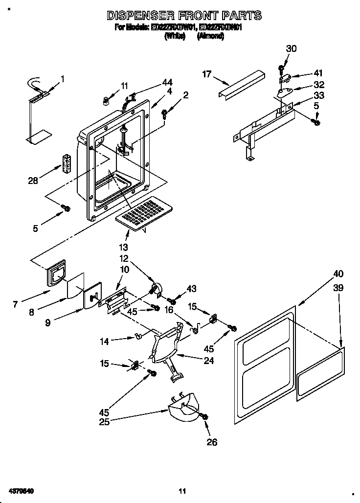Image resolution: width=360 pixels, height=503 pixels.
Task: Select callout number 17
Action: tap(207, 74)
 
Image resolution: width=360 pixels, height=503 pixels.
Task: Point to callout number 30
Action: tap(291, 48)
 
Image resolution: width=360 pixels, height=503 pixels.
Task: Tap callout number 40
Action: tap(338, 274)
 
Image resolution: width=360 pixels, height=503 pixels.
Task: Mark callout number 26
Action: tap(211, 442)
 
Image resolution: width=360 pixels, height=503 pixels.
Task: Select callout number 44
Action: tap(168, 82)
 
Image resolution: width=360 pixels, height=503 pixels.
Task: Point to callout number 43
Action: tap(191, 289)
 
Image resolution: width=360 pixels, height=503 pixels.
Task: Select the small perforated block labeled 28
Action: tap(65, 164)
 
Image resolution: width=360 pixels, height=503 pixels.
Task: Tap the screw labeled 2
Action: tap(165, 114)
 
